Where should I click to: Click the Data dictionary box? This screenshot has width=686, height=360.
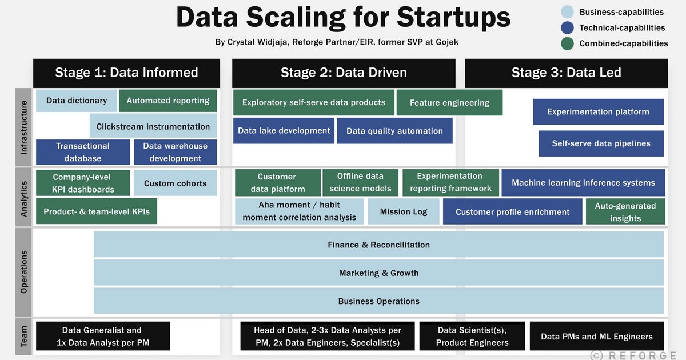pos(77,101)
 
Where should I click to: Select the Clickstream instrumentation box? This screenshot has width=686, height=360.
pos(153,126)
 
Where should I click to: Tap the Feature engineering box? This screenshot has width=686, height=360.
pos(449,103)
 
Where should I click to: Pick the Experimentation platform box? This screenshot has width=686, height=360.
pos(598,112)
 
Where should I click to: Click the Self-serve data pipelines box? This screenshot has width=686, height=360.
pos(601,143)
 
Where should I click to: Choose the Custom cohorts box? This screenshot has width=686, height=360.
pos(175,183)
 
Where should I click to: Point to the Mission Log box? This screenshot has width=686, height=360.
pos(404,211)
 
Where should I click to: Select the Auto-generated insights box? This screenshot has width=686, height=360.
pos(625,212)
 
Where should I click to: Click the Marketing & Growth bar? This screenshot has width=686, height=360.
pos(378,273)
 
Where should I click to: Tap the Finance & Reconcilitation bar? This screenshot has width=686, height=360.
pos(378,245)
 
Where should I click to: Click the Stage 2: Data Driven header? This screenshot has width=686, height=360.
pos(344,73)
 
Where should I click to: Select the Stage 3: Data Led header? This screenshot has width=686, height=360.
pos(566,73)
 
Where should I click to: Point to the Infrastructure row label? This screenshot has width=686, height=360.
pos(23,127)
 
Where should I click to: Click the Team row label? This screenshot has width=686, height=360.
pos(23,337)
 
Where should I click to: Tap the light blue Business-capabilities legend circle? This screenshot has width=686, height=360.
pos(567,12)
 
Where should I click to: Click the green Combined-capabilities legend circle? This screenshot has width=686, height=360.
pos(567,43)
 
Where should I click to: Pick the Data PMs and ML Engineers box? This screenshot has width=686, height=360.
pos(597,337)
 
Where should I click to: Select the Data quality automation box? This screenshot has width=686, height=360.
pos(394,131)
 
